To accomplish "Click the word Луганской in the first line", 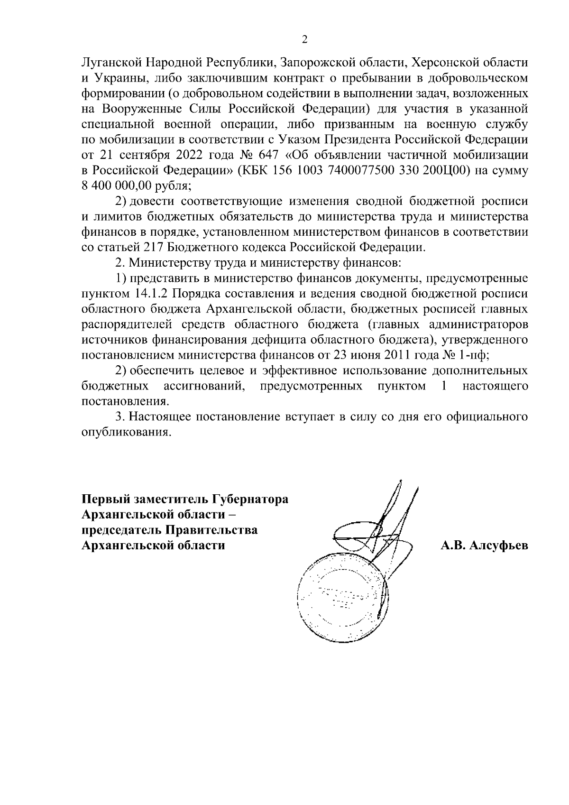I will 110,62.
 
